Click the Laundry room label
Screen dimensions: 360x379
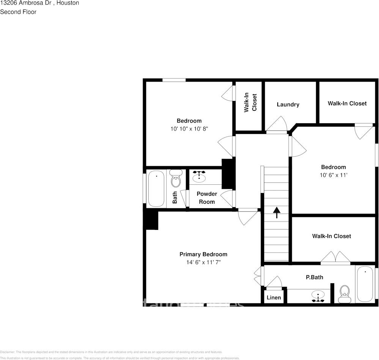(x=288, y=104)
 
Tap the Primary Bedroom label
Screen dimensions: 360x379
(x=203, y=254)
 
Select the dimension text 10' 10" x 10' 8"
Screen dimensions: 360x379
(x=189, y=129)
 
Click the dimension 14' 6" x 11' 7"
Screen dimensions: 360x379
(x=203, y=262)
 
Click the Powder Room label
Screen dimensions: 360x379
(x=207, y=198)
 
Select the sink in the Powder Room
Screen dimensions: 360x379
(x=199, y=176)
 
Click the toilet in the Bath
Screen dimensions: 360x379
(x=176, y=179)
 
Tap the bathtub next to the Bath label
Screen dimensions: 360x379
(x=156, y=189)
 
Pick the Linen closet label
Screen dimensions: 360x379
(x=274, y=297)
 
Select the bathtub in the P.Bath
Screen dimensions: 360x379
(x=365, y=284)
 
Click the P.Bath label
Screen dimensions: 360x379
(x=315, y=277)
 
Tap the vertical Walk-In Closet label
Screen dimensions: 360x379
(x=250, y=102)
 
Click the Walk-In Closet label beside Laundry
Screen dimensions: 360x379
(x=347, y=103)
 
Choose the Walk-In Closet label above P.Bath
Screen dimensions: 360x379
(x=331, y=236)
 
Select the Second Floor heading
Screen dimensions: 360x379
(x=18, y=12)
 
